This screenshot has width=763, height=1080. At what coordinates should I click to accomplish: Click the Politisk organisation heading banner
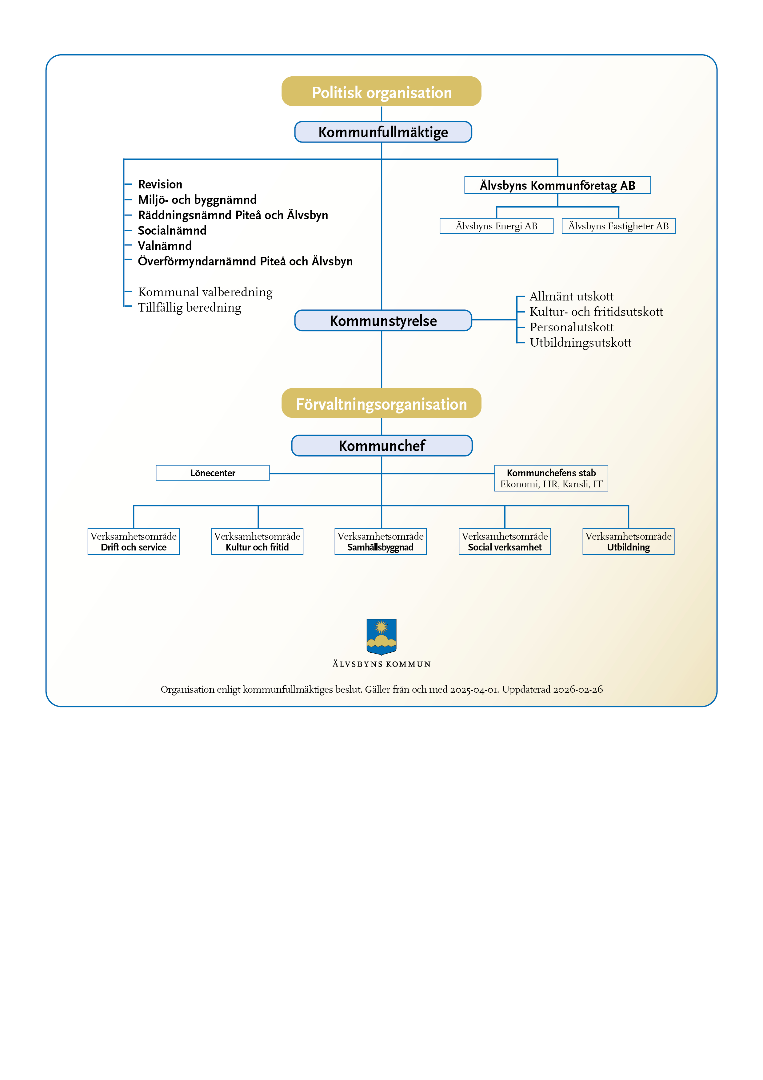381,92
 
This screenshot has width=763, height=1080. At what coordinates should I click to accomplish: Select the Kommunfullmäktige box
383,132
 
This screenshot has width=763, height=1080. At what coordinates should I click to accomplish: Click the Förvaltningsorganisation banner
381,404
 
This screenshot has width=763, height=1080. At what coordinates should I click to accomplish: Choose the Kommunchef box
382,445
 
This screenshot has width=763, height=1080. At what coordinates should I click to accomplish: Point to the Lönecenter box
213,473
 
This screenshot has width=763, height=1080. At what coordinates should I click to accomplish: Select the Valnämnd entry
165,246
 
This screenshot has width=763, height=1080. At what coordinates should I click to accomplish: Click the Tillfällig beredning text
190,308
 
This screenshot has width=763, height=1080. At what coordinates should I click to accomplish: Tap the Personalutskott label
571,327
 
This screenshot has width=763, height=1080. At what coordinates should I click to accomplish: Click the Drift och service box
134,542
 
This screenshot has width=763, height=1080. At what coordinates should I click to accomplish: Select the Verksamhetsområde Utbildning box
628,542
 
